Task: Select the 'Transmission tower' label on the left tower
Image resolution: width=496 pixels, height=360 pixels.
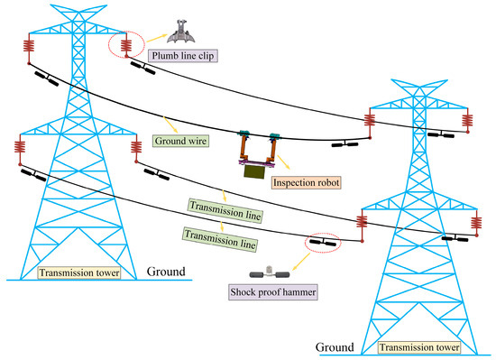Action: point(78,270)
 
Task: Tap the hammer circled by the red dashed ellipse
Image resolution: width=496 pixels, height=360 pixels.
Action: point(319,242)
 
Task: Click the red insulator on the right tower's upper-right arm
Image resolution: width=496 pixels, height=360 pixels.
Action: point(466,122)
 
